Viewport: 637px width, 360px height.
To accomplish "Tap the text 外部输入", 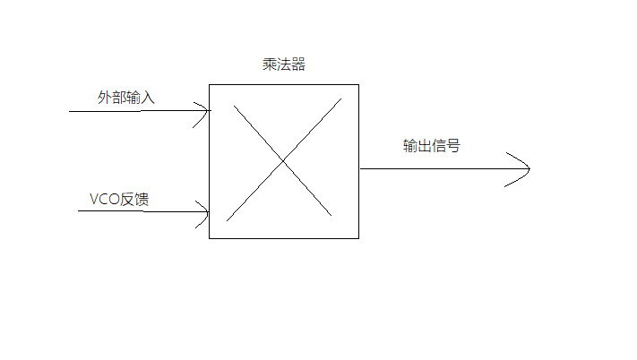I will point(126,97).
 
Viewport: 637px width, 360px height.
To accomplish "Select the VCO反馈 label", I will point(119,199).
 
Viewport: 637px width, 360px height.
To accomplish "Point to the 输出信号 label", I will point(431,146).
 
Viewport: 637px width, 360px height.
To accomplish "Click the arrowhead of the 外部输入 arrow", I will point(209,112).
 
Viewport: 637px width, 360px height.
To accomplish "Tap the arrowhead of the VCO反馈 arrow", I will point(207,212).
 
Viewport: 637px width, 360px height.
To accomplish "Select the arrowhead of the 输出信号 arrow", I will point(529,167).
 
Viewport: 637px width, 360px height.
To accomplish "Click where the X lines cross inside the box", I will point(282,160).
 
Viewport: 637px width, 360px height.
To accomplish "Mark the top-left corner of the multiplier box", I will point(210,85).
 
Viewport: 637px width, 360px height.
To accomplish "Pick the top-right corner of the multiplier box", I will point(358,85).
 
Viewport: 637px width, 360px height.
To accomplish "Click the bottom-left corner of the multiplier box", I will point(210,238).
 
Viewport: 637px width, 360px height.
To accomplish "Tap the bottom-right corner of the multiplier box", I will point(358,238).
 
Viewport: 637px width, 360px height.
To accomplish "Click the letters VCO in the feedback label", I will point(105,199).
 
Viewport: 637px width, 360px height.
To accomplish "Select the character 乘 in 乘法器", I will point(264,65).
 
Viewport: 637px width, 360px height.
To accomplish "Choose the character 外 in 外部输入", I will point(105,97).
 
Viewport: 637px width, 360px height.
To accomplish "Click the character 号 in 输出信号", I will point(452,146).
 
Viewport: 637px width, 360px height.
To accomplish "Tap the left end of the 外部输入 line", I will point(70,112).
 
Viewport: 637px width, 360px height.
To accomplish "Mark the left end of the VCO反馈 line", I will point(79,212).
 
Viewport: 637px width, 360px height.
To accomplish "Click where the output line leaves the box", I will point(359,167).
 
